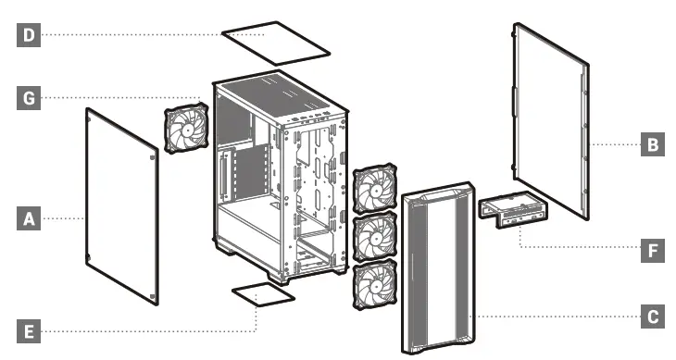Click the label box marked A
[x=29, y=219]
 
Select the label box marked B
[x=652, y=144]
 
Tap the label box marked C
[x=652, y=317]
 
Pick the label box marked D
[x=29, y=35]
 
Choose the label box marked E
[x=29, y=330]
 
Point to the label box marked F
[x=652, y=250]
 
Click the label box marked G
[x=29, y=95]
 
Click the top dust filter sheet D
[x=278, y=41]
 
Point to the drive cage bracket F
[x=512, y=208]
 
